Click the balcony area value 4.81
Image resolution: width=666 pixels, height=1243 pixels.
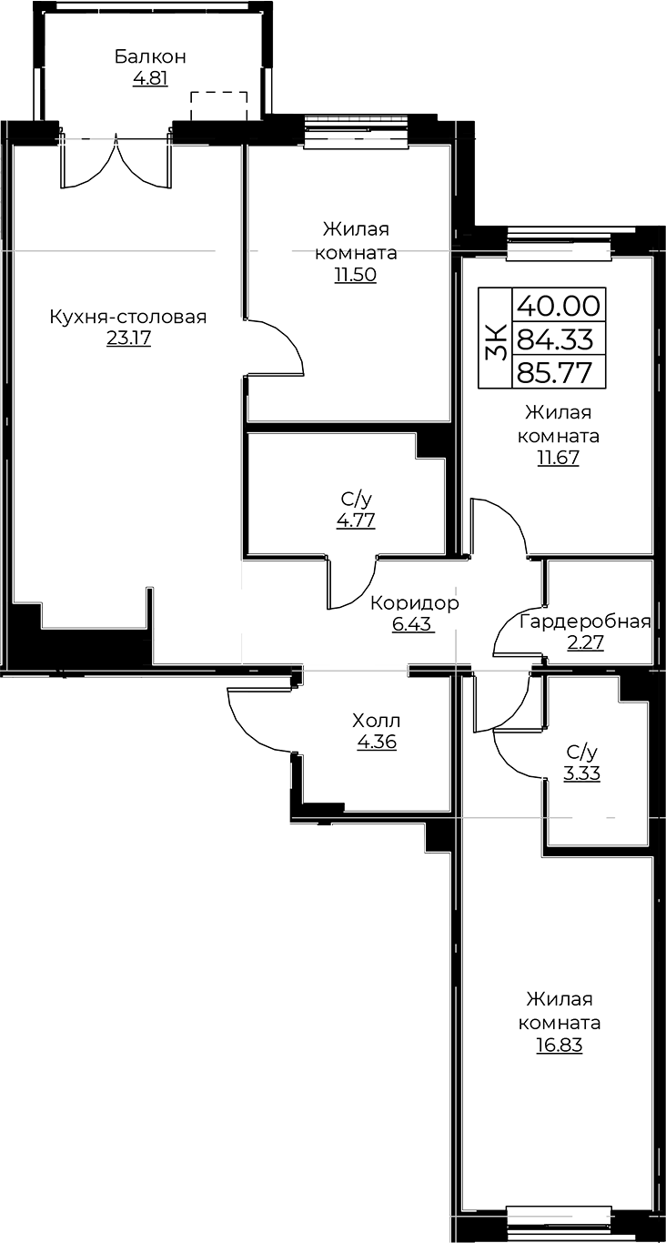tap(150, 78)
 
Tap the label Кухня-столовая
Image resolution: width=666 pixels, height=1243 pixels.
tap(128, 317)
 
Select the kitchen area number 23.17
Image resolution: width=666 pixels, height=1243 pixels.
tap(128, 338)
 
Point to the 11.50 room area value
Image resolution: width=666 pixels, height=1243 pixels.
tap(355, 275)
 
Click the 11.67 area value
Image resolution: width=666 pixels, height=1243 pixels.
tap(558, 459)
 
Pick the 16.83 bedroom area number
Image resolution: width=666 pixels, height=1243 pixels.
tap(559, 1045)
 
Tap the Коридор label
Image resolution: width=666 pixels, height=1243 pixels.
tap(415, 602)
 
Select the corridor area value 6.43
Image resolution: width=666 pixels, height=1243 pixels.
tap(411, 624)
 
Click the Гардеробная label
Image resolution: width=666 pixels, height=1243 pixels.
tap(586, 622)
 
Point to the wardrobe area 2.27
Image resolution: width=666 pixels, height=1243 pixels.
tap(585, 642)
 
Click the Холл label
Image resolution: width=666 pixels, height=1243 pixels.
tap(377, 721)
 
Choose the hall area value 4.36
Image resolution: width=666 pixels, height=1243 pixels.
tap(377, 742)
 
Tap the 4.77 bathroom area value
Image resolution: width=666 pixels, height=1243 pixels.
tap(355, 520)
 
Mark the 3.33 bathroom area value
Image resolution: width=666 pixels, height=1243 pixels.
tap(581, 773)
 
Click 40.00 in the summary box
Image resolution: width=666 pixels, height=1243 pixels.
tap(559, 305)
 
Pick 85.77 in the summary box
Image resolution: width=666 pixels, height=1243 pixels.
tap(558, 373)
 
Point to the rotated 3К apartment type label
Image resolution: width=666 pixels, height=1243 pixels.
tap(496, 339)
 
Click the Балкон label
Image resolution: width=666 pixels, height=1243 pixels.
tap(150, 56)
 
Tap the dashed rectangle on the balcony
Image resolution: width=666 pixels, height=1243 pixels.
tap(218, 106)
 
